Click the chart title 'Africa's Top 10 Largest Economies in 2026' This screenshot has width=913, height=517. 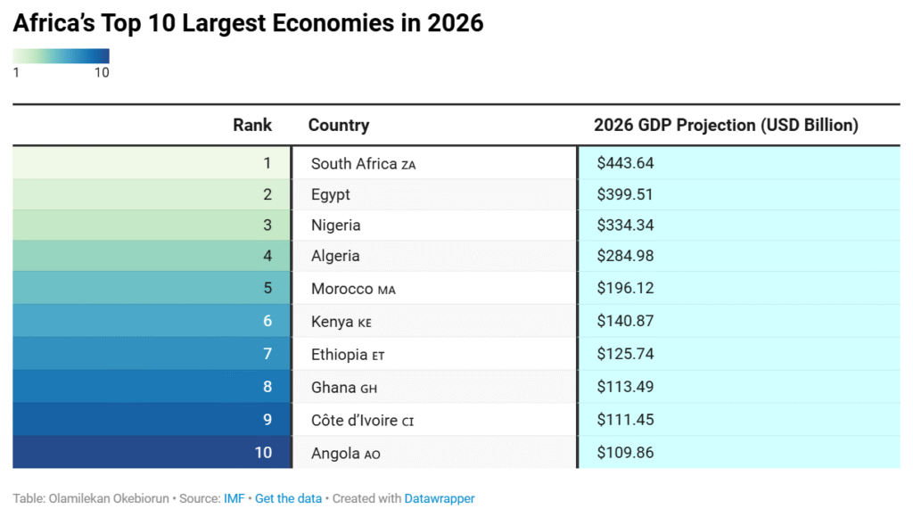[x=248, y=24]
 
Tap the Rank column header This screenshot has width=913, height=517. [x=252, y=125]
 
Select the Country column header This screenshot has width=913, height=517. [x=338, y=125]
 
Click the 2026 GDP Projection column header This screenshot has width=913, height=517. [x=726, y=125]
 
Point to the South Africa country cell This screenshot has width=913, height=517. [x=354, y=164]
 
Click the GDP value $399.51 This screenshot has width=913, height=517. [x=625, y=194]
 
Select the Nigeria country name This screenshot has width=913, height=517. [x=335, y=226]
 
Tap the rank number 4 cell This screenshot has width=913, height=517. [x=267, y=256]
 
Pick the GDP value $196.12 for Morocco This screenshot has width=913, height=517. [x=625, y=289]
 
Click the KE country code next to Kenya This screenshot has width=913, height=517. [x=365, y=323]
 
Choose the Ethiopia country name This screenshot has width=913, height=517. [x=339, y=355]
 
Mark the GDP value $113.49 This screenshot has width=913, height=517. [x=625, y=387]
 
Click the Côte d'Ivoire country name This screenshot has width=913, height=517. [x=354, y=420]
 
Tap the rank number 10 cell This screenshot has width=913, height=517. [x=263, y=453]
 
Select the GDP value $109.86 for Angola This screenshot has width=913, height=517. [x=625, y=453]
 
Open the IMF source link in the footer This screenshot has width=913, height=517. [x=234, y=498]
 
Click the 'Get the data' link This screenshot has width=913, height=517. [x=288, y=498]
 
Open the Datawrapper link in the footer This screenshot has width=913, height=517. [x=440, y=498]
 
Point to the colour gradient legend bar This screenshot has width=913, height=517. [x=61, y=56]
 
